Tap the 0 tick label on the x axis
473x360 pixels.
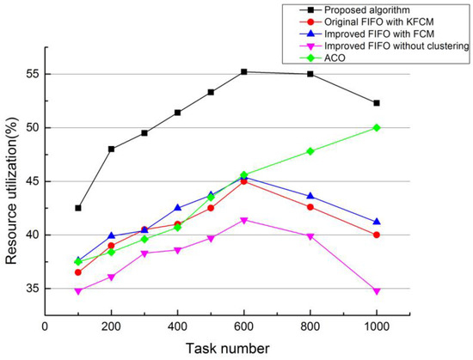(x=45, y=327)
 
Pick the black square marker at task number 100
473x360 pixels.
(x=78, y=208)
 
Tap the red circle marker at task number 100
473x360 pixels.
(x=78, y=272)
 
